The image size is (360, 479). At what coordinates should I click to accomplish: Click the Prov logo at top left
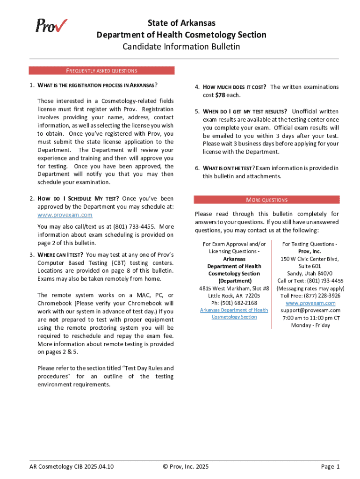point(51,25)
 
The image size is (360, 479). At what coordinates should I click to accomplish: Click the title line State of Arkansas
point(181,23)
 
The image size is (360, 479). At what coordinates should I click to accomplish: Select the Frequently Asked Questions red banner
point(101,71)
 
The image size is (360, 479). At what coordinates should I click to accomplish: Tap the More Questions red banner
point(266,200)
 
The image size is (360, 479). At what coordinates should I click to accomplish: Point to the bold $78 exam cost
point(220,95)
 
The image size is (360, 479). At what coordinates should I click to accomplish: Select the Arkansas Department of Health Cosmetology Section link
point(234,313)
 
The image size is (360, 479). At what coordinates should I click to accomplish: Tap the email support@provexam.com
point(310,310)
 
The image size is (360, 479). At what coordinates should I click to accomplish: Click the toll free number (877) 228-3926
point(310,296)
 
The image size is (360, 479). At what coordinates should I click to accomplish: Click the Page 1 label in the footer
point(330,466)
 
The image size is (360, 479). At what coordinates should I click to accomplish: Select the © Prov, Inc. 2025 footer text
point(186,466)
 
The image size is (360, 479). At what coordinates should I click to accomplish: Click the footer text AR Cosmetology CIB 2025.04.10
point(72,466)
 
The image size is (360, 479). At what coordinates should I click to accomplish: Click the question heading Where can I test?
point(61,254)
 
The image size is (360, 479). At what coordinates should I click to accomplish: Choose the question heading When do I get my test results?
point(245,111)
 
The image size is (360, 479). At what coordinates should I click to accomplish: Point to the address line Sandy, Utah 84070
point(310,273)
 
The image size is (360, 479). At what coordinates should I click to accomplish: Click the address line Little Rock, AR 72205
point(234,296)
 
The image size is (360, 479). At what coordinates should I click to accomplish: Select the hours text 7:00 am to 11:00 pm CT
point(310,318)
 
